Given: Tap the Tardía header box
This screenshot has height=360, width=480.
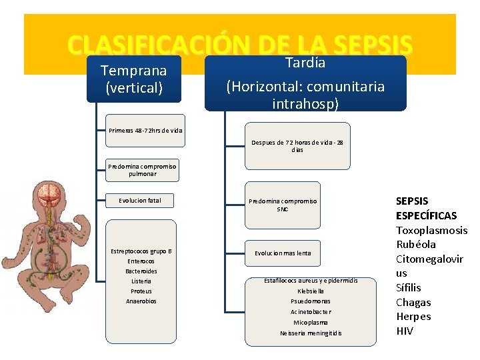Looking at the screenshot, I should [305, 83].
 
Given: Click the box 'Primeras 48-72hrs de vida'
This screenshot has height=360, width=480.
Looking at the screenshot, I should [145, 131].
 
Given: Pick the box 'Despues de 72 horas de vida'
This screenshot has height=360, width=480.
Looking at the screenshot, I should [297, 146].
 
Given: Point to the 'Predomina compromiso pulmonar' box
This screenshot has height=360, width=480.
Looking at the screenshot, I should [142, 170].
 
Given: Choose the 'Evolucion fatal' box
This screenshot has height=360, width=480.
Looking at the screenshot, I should [140, 200].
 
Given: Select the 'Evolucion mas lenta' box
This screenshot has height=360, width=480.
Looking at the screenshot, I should [283, 253].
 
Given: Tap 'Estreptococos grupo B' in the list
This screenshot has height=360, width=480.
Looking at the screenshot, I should [141, 251].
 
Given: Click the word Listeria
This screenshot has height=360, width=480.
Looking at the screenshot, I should [141, 281].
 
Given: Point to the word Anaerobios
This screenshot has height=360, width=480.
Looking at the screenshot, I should [141, 301].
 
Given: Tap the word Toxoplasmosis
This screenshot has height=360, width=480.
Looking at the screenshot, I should [431, 230].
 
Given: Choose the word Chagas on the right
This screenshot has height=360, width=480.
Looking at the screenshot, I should [413, 302].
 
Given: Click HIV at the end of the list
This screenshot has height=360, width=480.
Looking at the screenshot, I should [405, 331].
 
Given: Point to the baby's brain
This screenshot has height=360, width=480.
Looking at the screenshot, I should [49, 194].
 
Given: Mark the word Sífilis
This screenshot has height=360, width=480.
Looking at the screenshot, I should [409, 287].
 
